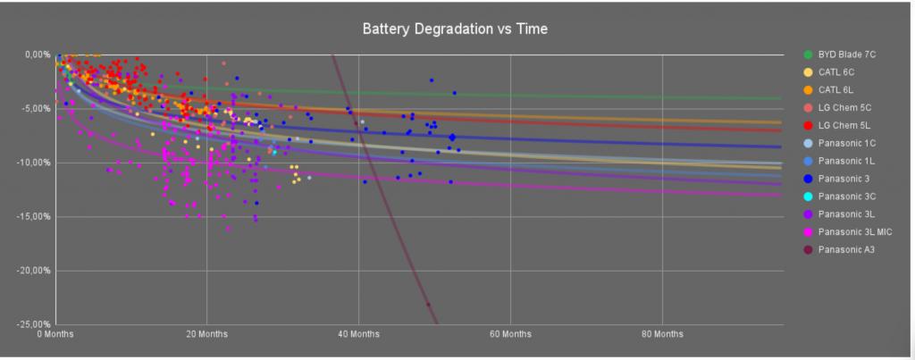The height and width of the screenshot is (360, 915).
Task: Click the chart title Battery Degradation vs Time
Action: pyautogui.click(x=454, y=29)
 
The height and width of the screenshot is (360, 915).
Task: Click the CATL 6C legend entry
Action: pyautogui.click(x=835, y=71)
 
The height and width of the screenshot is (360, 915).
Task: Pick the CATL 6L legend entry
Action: pyautogui.click(x=835, y=89)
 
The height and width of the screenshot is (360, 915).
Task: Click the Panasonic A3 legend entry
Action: pyautogui.click(x=845, y=249)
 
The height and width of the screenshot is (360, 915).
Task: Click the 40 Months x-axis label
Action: pyautogui.click(x=358, y=334)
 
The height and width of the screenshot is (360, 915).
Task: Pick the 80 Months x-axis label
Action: pyautogui.click(x=661, y=334)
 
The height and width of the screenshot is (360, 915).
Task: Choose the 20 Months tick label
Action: pyautogui.click(x=206, y=334)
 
